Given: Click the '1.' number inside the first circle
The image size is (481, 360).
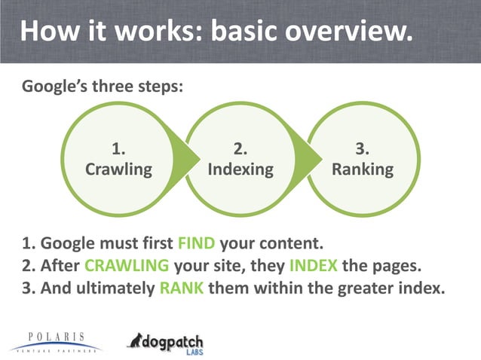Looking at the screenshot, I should click(x=118, y=148).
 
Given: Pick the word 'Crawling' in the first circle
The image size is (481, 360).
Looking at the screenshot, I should click(x=118, y=169).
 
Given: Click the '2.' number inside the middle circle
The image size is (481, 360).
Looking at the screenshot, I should click(x=240, y=148).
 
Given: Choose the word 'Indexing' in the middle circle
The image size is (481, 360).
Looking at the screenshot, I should click(x=240, y=169).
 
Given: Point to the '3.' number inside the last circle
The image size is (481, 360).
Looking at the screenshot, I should click(x=363, y=148).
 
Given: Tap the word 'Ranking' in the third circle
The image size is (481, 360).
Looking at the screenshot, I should click(x=363, y=169).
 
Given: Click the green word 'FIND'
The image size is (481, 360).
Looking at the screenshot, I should click(x=196, y=244).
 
